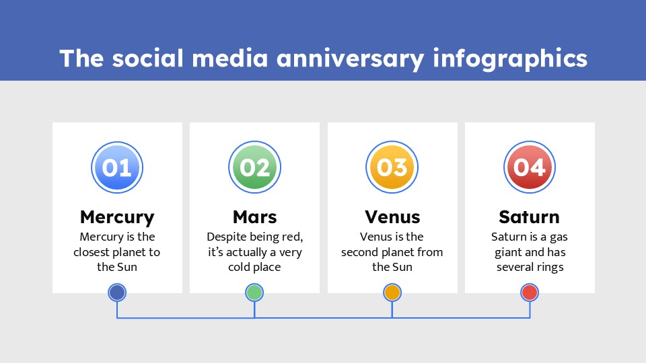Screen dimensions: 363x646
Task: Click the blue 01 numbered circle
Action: (x=117, y=167)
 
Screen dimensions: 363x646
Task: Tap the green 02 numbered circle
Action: (x=254, y=167)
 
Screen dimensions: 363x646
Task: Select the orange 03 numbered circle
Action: (x=392, y=167)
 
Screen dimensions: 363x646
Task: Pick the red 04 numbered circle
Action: (x=530, y=167)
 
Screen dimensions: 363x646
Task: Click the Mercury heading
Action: (x=117, y=217)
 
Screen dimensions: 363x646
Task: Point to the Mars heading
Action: (x=254, y=217)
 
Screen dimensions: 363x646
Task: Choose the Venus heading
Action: (x=392, y=217)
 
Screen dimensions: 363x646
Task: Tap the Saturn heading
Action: (x=530, y=217)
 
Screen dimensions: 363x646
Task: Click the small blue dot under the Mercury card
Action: (x=117, y=292)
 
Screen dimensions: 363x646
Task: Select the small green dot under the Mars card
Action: (x=254, y=292)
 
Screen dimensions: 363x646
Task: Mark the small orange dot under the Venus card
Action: (x=392, y=292)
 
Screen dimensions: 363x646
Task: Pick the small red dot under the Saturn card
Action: (x=530, y=292)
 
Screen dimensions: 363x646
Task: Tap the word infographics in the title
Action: (x=510, y=59)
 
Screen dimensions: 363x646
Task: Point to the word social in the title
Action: (x=147, y=59)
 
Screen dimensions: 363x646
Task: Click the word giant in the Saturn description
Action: (x=507, y=252)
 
